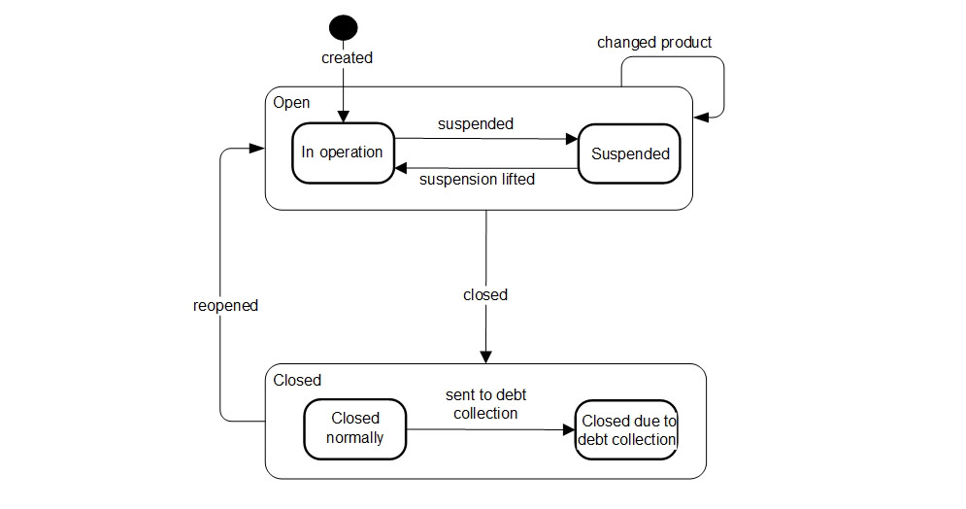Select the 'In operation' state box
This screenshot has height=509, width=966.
click(x=342, y=153)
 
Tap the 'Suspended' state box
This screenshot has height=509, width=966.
click(x=630, y=153)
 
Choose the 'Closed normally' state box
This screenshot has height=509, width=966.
click(x=354, y=427)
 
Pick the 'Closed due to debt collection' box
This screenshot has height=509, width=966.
click(x=626, y=429)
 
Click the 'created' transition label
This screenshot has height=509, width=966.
click(x=347, y=58)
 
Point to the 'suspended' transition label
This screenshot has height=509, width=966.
click(x=476, y=123)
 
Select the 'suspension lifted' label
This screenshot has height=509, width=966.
click(x=477, y=180)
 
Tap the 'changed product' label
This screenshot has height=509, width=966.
click(x=653, y=42)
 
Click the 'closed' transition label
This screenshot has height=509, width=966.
click(x=485, y=294)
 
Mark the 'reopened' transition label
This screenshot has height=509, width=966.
click(x=225, y=305)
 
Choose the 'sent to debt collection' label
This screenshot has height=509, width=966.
click(x=485, y=403)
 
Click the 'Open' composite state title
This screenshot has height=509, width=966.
click(x=291, y=102)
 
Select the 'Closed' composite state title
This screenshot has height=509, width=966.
click(x=297, y=380)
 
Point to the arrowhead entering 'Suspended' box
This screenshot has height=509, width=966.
click(x=572, y=139)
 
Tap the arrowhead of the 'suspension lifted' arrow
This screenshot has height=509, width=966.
click(x=400, y=168)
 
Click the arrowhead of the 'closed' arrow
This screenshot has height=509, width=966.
click(x=485, y=356)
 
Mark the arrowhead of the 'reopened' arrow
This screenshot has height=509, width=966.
click(x=258, y=148)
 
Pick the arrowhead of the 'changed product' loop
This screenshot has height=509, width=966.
click(x=701, y=117)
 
